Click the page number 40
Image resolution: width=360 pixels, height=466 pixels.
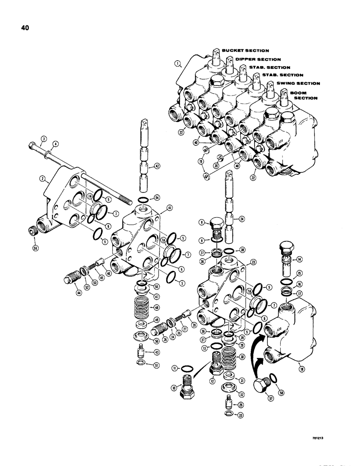24,27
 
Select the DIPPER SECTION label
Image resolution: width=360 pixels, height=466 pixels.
258,60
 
